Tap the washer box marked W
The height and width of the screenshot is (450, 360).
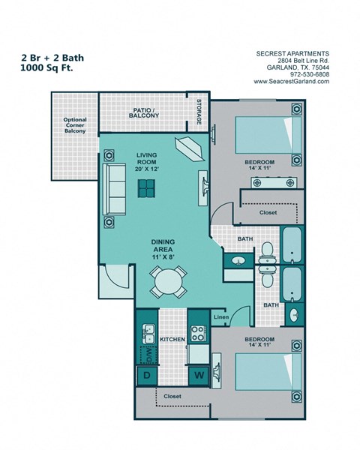(x=199, y=373)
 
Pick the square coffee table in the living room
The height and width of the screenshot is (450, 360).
(x=147, y=189)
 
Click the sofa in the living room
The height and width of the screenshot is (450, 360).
(x=116, y=189)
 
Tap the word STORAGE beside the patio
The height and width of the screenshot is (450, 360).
(x=199, y=112)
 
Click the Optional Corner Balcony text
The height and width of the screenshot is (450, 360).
(x=75, y=124)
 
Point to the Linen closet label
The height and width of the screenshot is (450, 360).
(x=220, y=318)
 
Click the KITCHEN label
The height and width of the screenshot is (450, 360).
(x=172, y=340)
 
